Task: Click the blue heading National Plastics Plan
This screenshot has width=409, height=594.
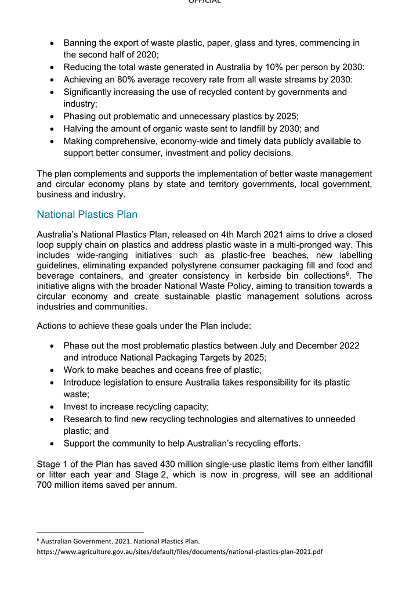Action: (87, 215)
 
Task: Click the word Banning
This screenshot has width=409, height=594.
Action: (81, 43)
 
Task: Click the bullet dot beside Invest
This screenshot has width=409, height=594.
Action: (52, 407)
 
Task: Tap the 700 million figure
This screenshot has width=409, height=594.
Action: (64, 485)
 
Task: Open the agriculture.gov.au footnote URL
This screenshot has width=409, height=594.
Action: (179, 551)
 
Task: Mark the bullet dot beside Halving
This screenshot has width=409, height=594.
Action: (52, 129)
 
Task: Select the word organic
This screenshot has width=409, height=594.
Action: (174, 128)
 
